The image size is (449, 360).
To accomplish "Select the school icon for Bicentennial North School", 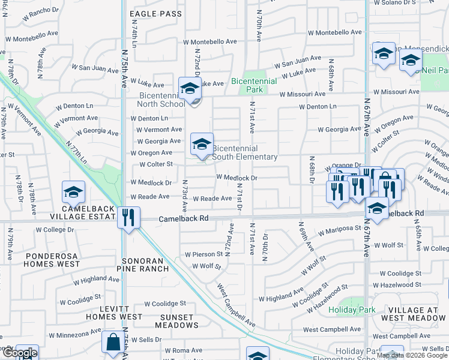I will click(x=190, y=88).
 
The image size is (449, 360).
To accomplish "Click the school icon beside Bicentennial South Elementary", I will click(x=202, y=144).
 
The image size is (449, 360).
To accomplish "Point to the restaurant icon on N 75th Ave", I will click(x=129, y=217).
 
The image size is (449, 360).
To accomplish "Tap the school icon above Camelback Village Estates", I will click(x=73, y=192).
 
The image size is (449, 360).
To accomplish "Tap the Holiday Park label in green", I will click(x=352, y=310).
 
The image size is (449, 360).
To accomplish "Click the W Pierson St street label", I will click(x=203, y=254).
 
